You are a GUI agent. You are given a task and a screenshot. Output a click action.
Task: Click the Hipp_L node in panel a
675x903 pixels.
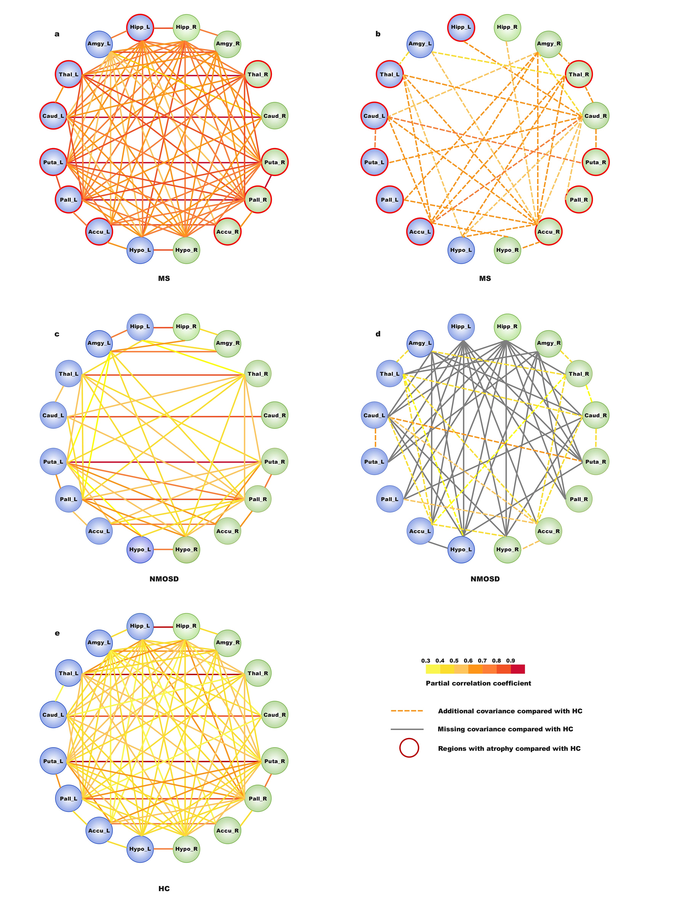(140, 27)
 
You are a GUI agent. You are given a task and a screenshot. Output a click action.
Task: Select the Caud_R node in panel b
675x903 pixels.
(595, 116)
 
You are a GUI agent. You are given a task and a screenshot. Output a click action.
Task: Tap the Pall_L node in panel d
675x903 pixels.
(390, 499)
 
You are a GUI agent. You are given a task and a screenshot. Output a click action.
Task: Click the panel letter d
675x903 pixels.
(378, 334)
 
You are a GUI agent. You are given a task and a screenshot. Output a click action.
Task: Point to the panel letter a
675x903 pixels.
(57, 34)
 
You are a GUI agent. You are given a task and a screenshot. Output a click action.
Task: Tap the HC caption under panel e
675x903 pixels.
(164, 888)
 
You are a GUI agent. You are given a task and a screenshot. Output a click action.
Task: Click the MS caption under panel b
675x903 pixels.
(485, 278)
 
